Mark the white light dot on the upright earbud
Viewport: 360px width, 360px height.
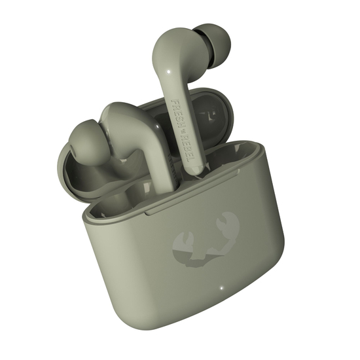[170, 71]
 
